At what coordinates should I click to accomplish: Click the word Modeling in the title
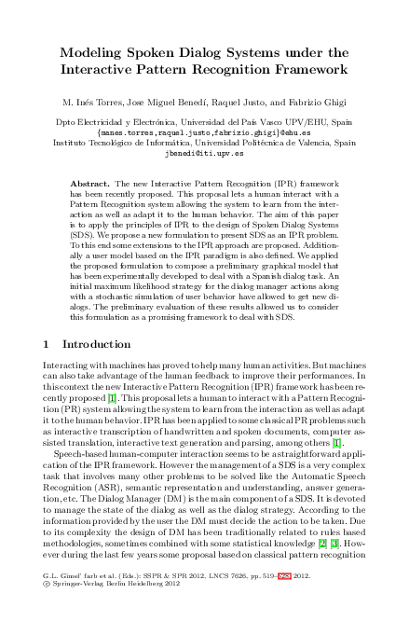pos(90,51)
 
